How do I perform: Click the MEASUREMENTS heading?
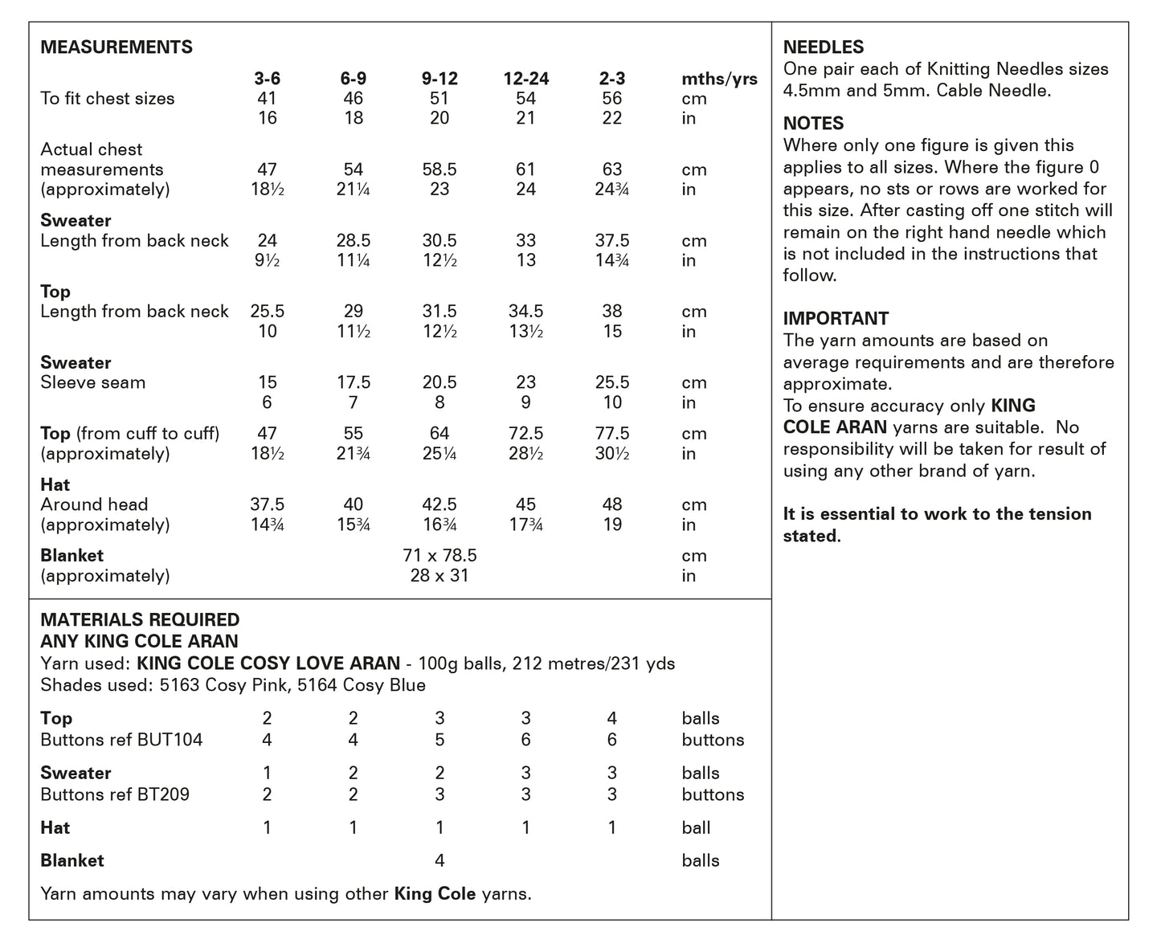click(x=117, y=47)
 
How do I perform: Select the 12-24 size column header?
click(x=526, y=79)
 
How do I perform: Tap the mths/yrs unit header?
click(x=719, y=79)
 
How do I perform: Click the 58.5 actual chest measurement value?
click(x=439, y=169)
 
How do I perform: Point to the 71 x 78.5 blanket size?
click(x=439, y=556)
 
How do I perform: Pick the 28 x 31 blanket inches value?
click(x=439, y=576)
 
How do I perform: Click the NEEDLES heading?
click(x=824, y=47)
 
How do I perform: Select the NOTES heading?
click(x=813, y=124)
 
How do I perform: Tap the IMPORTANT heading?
click(x=836, y=318)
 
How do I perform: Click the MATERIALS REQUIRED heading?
click(x=140, y=620)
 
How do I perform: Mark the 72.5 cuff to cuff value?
click(x=526, y=434)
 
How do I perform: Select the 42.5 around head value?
click(x=439, y=504)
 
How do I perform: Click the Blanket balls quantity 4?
click(x=439, y=860)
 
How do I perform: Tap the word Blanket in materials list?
click(x=72, y=860)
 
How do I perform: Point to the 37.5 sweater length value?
click(x=612, y=241)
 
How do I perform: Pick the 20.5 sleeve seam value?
click(x=439, y=382)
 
